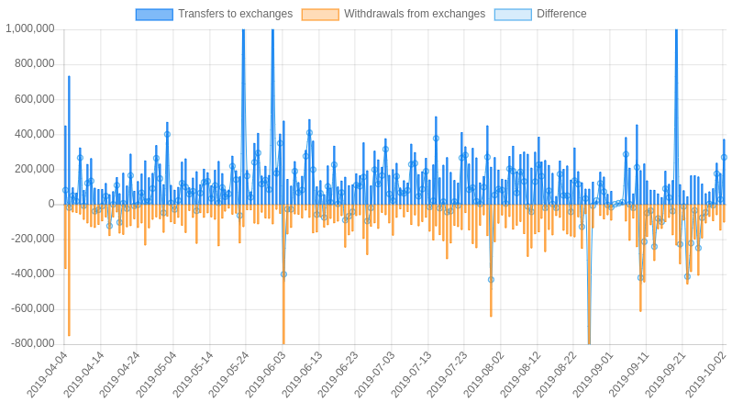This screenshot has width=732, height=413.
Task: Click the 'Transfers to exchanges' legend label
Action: point(235,14)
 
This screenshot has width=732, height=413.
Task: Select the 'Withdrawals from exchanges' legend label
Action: point(414,14)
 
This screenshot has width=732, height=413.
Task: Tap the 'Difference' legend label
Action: point(561,14)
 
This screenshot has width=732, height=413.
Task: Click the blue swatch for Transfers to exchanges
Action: point(154,14)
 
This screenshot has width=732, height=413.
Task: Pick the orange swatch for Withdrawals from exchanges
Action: point(320,14)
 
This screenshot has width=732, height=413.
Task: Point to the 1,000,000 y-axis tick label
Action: point(30,28)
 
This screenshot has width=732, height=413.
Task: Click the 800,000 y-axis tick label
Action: point(35,63)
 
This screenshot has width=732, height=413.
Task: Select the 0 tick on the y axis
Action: point(51,204)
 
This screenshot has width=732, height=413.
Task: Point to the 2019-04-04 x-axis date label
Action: point(48,374)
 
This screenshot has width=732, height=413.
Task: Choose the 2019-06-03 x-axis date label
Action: point(266,374)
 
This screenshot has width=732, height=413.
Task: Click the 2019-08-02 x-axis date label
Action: point(485,374)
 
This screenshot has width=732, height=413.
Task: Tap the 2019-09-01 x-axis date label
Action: point(594,374)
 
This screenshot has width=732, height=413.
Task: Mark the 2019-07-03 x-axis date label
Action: point(376,374)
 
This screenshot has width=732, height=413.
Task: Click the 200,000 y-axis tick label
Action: point(35,169)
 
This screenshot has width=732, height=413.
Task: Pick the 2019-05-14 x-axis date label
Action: point(194,374)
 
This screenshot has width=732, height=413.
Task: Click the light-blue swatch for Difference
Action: point(513,14)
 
